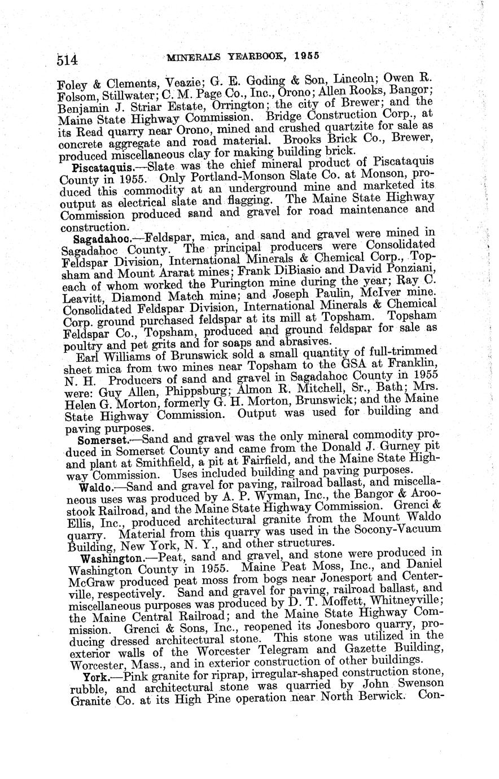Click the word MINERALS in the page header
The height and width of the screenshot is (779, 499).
tap(192, 56)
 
